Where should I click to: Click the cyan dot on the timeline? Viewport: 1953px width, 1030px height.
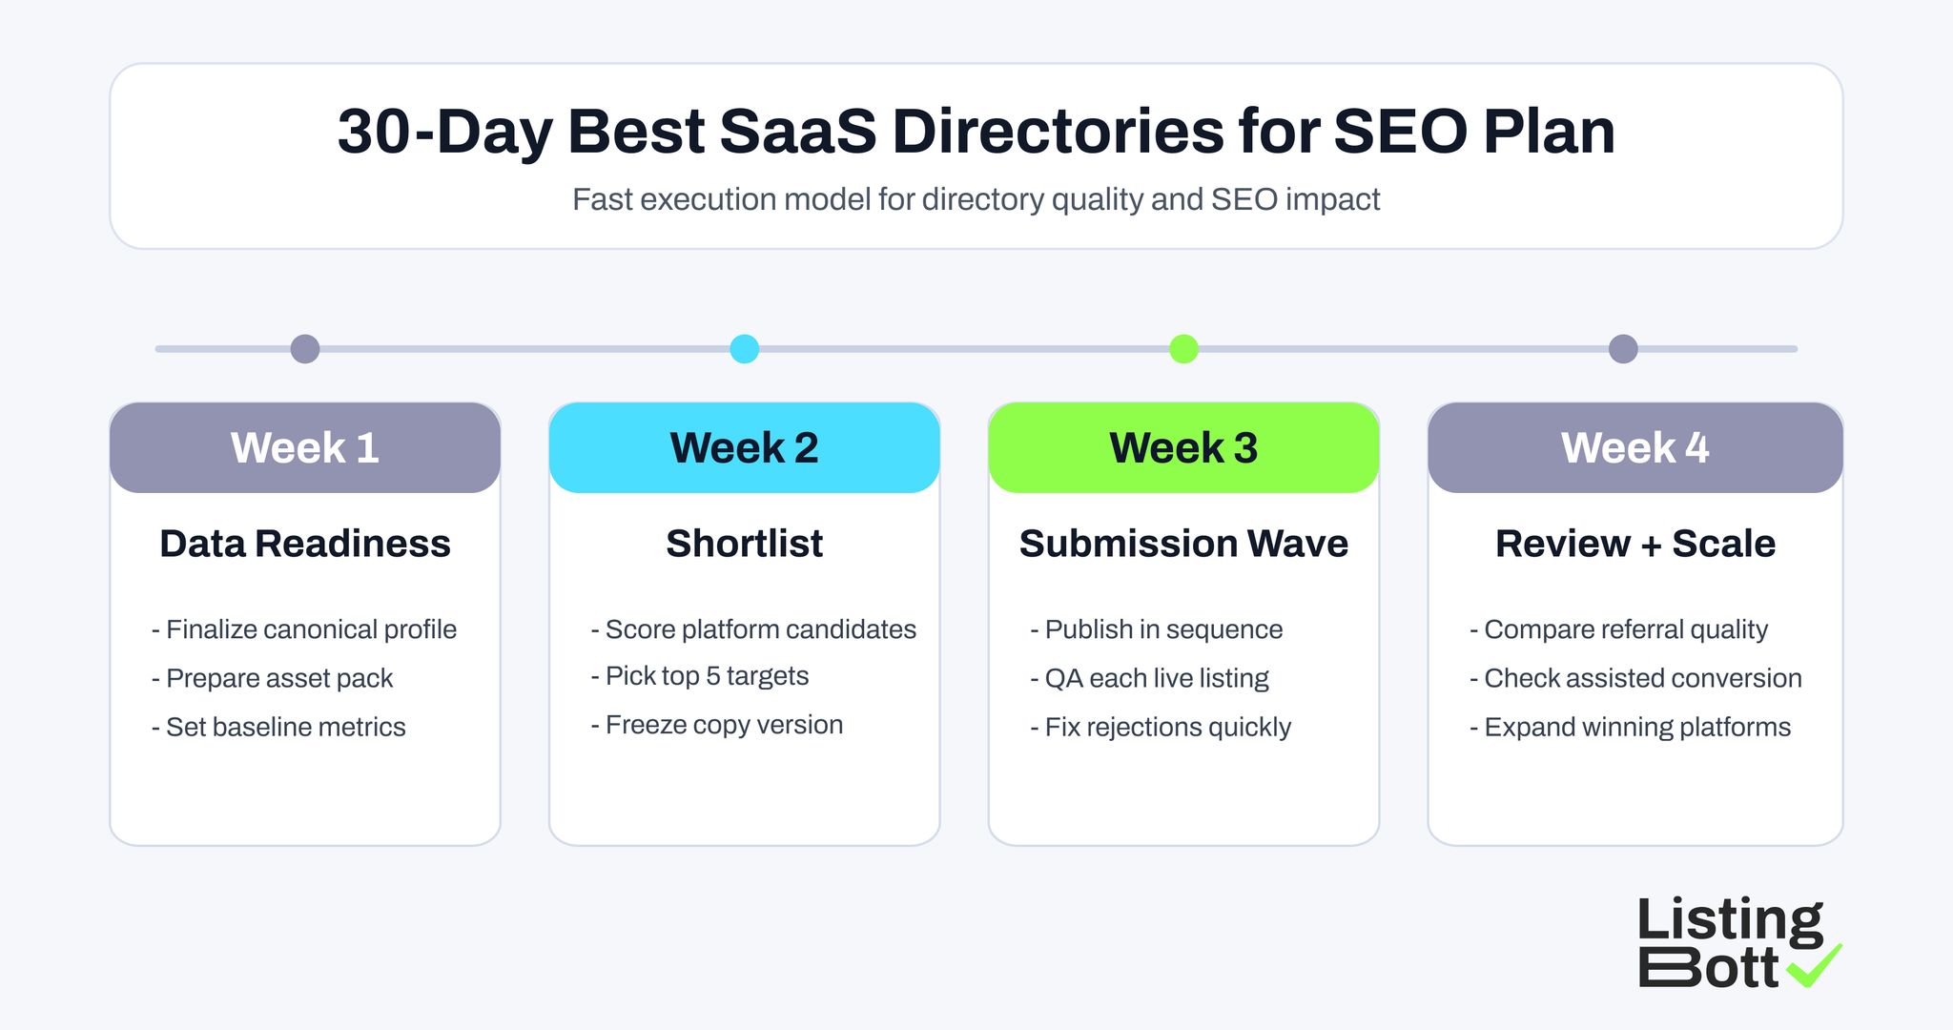click(x=745, y=349)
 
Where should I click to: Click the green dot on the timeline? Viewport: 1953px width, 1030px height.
click(x=1183, y=349)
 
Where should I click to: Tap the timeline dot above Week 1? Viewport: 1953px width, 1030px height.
click(x=305, y=349)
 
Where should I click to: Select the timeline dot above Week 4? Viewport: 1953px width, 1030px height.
click(x=1623, y=349)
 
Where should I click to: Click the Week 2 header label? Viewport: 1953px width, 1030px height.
click(x=744, y=448)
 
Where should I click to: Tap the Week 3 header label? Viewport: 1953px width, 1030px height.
click(x=1183, y=448)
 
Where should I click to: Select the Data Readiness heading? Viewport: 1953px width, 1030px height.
click(x=305, y=544)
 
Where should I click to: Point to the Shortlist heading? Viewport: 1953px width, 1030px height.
click(x=744, y=544)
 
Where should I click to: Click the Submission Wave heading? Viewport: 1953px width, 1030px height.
click(x=1183, y=544)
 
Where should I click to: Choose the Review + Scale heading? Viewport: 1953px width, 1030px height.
click(x=1634, y=544)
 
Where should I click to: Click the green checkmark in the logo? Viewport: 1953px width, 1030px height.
click(x=1814, y=966)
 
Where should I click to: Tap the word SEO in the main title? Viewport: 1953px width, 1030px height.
click(x=1401, y=132)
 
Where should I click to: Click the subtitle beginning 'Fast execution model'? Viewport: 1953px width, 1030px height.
click(x=976, y=199)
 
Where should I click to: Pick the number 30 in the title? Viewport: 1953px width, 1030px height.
click(x=374, y=132)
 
